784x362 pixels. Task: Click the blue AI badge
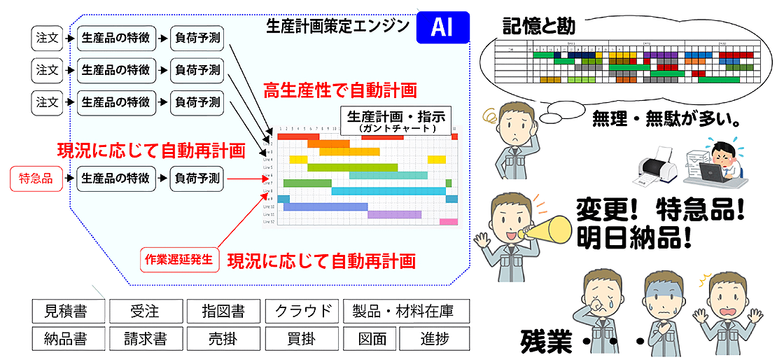point(442,27)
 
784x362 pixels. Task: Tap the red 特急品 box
point(36,179)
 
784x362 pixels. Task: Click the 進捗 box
point(434,339)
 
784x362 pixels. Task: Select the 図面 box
point(371,339)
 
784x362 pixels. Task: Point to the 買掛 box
point(302,339)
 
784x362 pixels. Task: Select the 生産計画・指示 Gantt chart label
point(396,120)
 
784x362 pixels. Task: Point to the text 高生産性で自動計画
point(339,90)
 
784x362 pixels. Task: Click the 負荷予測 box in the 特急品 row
point(197,179)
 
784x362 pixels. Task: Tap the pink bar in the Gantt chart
point(448,222)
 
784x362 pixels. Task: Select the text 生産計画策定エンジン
point(337,27)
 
